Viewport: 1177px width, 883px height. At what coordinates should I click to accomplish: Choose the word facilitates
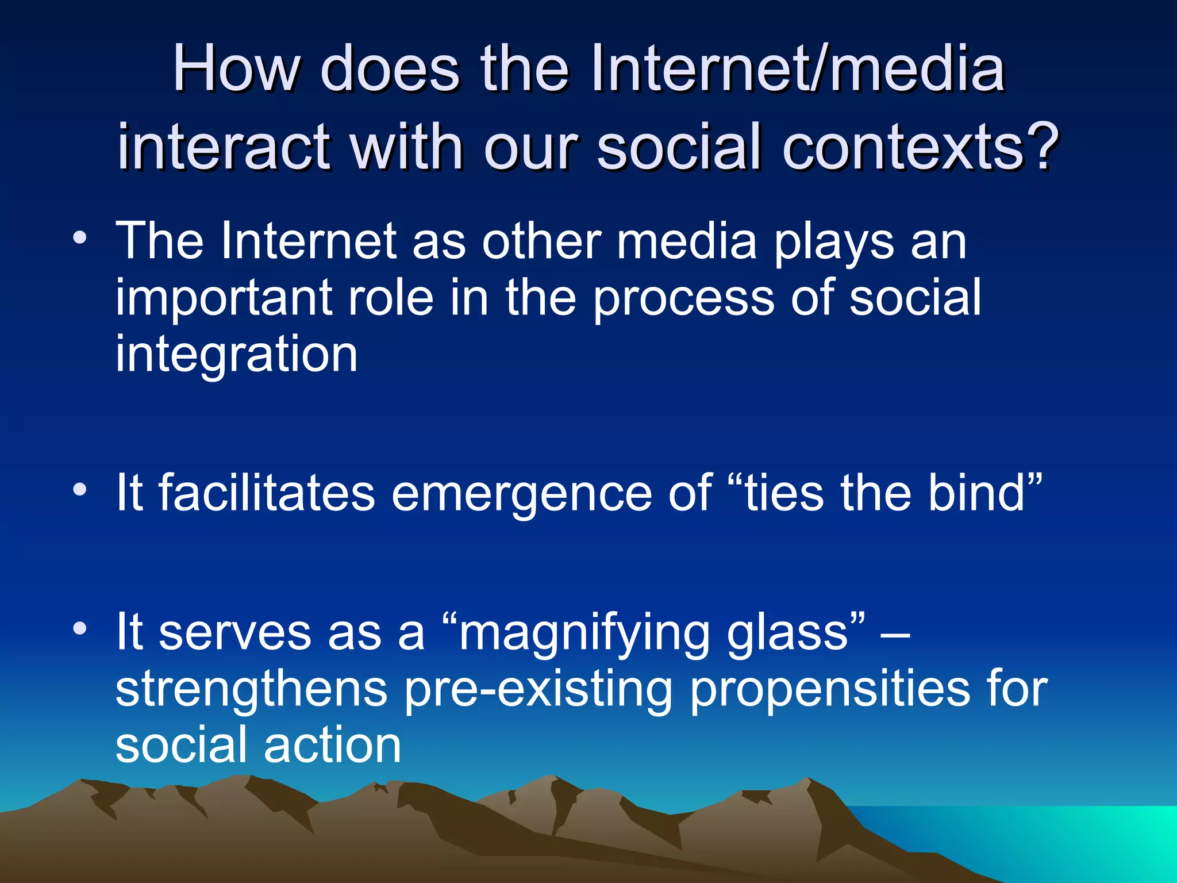coord(267,493)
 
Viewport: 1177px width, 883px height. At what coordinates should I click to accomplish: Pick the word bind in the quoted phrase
coord(977,493)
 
